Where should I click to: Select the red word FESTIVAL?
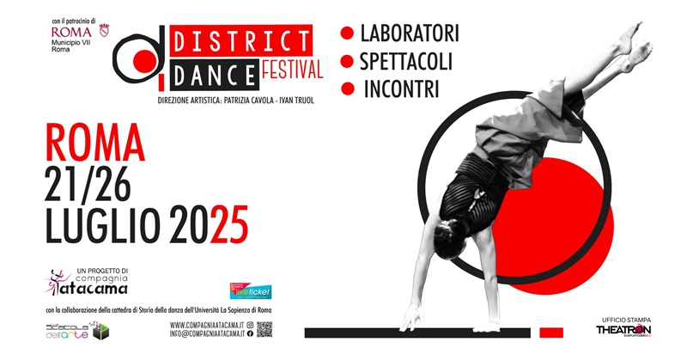click(x=292, y=69)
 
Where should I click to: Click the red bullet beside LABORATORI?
click(x=348, y=34)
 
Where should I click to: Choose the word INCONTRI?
click(x=401, y=88)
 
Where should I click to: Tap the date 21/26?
click(x=96, y=183)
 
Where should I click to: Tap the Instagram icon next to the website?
click(x=250, y=324)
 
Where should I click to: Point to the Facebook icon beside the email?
click(x=250, y=333)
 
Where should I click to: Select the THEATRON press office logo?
click(x=623, y=328)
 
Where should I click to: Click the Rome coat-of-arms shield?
click(x=105, y=31)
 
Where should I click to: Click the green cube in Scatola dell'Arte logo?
click(x=100, y=332)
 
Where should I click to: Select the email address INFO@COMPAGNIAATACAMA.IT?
click(x=207, y=333)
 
